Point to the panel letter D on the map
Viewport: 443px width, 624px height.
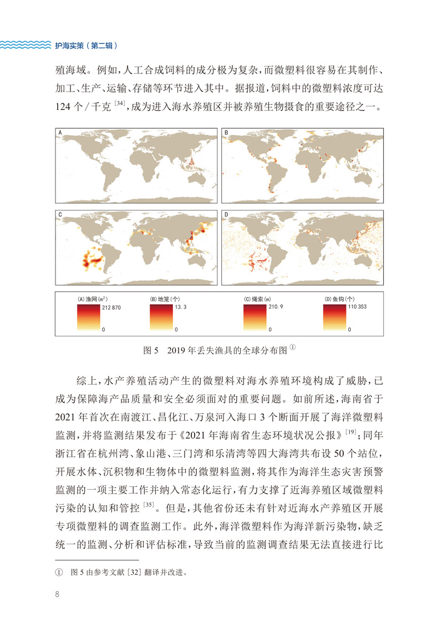pos(226,214)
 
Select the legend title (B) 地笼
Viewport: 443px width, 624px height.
pos(162,299)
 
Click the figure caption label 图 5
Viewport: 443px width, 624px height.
pos(151,351)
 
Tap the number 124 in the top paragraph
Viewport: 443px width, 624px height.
pos(67,106)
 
